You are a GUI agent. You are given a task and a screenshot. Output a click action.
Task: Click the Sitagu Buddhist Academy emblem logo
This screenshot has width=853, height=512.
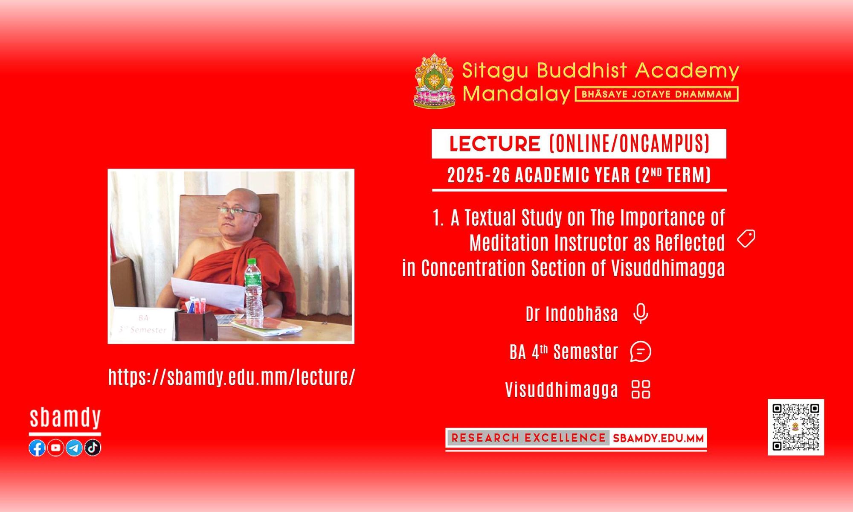click(435, 81)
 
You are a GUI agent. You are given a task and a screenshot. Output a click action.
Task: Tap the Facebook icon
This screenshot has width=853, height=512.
click(37, 448)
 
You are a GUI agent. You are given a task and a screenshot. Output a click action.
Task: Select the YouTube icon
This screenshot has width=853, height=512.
click(55, 448)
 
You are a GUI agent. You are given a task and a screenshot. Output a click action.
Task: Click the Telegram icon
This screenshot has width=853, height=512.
click(74, 448)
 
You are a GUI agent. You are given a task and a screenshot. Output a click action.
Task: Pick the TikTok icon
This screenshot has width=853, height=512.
click(93, 448)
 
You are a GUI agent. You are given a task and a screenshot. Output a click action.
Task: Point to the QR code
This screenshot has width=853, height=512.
click(796, 427)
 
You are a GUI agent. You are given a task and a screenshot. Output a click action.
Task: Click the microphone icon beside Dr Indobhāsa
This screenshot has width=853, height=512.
click(640, 314)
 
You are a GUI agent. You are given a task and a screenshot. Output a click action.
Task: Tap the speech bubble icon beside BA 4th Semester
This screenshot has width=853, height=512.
click(641, 352)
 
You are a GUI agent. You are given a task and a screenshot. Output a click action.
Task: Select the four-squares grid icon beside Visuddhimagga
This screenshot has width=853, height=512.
click(641, 389)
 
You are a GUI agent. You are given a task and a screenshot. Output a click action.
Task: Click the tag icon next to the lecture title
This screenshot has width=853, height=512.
click(746, 239)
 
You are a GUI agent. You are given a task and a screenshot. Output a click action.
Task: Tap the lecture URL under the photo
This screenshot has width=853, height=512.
click(232, 377)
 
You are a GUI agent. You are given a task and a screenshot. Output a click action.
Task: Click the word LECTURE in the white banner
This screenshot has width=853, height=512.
click(495, 144)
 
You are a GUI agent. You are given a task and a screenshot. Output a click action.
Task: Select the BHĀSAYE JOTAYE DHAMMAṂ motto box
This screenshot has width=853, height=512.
click(657, 94)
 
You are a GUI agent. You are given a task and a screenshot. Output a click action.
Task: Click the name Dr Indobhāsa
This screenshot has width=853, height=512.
click(572, 314)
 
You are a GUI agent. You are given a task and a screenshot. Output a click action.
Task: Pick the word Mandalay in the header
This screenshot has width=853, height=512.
click(516, 94)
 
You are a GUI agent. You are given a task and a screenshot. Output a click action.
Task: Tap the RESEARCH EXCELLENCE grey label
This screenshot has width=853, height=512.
click(528, 438)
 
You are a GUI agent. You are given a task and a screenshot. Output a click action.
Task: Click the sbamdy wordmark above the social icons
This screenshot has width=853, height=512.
click(65, 418)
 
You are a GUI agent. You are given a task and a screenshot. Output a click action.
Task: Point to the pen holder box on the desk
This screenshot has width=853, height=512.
click(196, 325)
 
